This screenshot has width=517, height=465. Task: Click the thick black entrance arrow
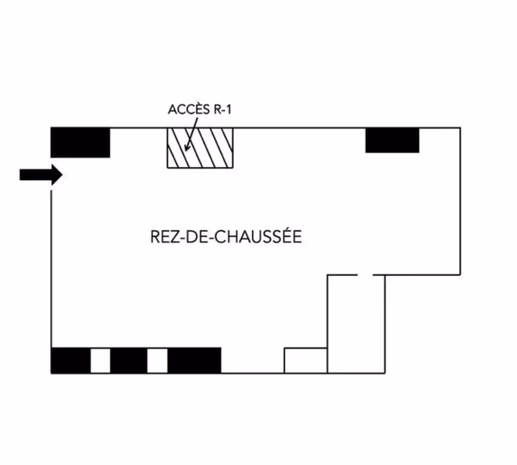coord(40,175)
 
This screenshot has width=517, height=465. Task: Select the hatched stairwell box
coord(200,148)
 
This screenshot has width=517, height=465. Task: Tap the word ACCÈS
coord(186,110)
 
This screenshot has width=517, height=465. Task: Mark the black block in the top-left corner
coord(80,142)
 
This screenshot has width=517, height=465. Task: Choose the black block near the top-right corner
coord(392,140)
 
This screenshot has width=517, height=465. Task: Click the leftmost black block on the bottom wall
coord(70,360)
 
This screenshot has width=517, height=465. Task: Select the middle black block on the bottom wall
coord(129,360)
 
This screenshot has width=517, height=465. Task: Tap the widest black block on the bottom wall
coord(194,360)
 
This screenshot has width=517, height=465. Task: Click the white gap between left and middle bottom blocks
coord(100,360)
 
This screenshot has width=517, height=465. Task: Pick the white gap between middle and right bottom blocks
coord(158,360)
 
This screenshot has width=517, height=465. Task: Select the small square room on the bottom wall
coord(305,361)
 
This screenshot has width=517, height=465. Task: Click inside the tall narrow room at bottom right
coord(356,326)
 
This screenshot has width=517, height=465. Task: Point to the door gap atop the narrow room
coord(365,275)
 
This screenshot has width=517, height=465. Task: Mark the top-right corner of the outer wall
coord(460,128)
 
